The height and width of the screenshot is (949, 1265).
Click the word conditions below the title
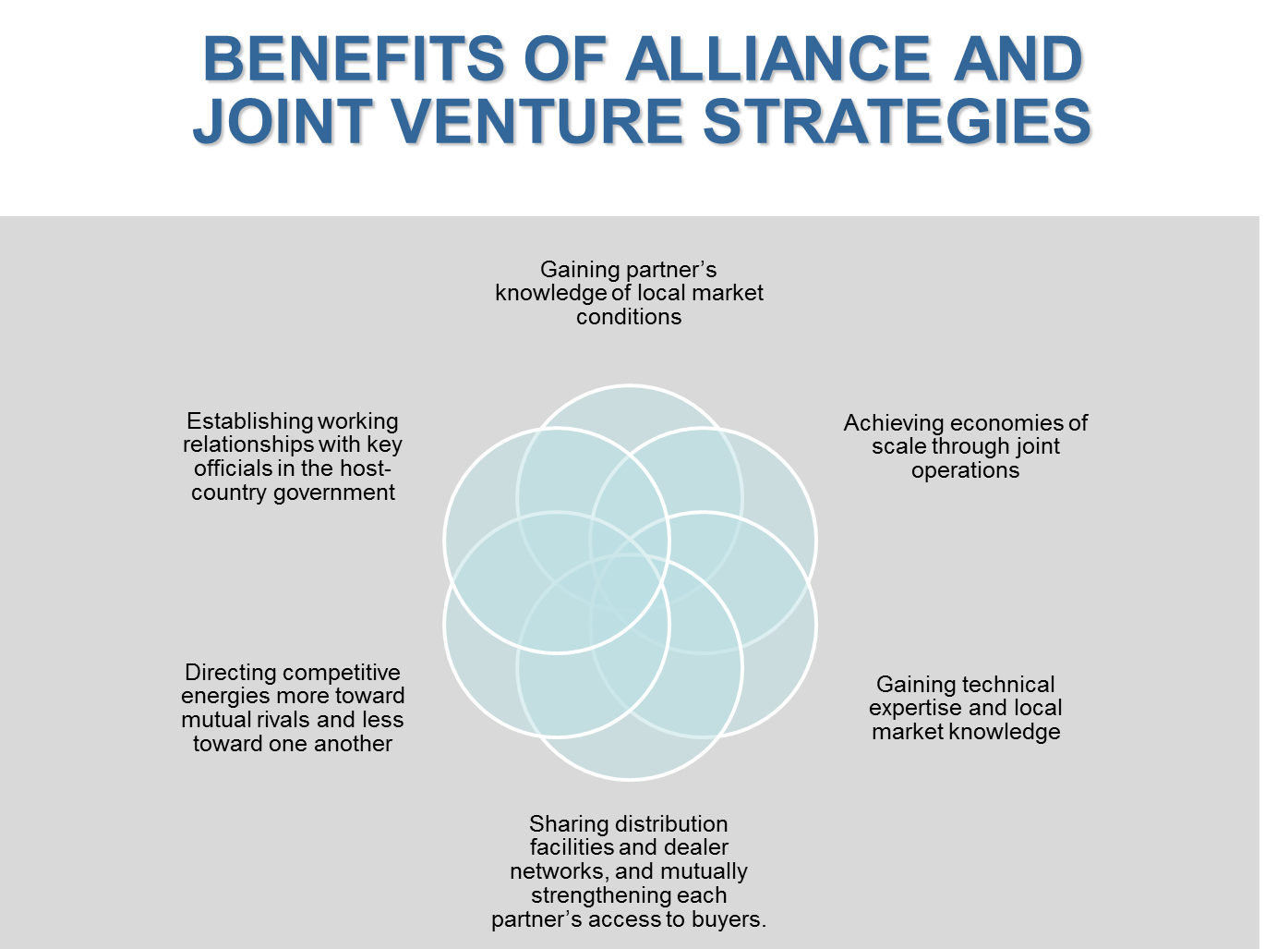pyautogui.click(x=629, y=317)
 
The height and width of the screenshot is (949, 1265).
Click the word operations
pyautogui.click(x=965, y=470)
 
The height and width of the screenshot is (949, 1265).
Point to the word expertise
pyautogui.click(x=914, y=708)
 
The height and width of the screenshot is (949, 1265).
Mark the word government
pyautogui.click(x=334, y=493)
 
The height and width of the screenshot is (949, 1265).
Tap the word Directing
pyautogui.click(x=227, y=673)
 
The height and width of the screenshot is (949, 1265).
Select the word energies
pyautogui.click(x=224, y=696)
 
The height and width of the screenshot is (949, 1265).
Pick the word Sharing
pyautogui.click(x=565, y=824)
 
